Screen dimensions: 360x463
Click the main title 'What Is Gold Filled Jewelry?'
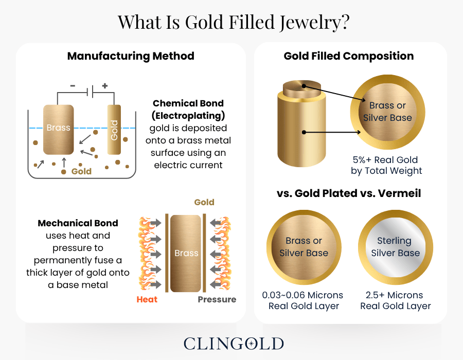tap(231, 22)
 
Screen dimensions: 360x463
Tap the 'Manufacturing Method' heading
tap(131, 56)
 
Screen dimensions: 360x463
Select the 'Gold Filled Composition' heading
tap(349, 56)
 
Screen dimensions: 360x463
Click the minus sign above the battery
tap(73, 86)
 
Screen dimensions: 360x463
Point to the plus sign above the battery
tap(105, 86)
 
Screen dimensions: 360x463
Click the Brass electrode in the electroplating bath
tap(59, 128)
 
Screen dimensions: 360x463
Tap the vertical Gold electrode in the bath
tap(114, 130)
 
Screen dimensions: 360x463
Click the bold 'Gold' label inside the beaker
tap(81, 171)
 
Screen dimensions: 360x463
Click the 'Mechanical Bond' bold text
tap(78, 223)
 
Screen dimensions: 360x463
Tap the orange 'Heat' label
tap(147, 299)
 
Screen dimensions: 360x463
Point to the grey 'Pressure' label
tap(217, 299)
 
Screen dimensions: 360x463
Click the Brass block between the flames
tap(186, 253)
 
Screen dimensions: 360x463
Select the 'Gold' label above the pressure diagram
tap(204, 202)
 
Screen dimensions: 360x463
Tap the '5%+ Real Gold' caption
tap(386, 159)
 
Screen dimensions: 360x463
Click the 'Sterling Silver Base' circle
tap(395, 247)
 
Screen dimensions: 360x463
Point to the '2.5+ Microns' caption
tap(395, 295)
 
